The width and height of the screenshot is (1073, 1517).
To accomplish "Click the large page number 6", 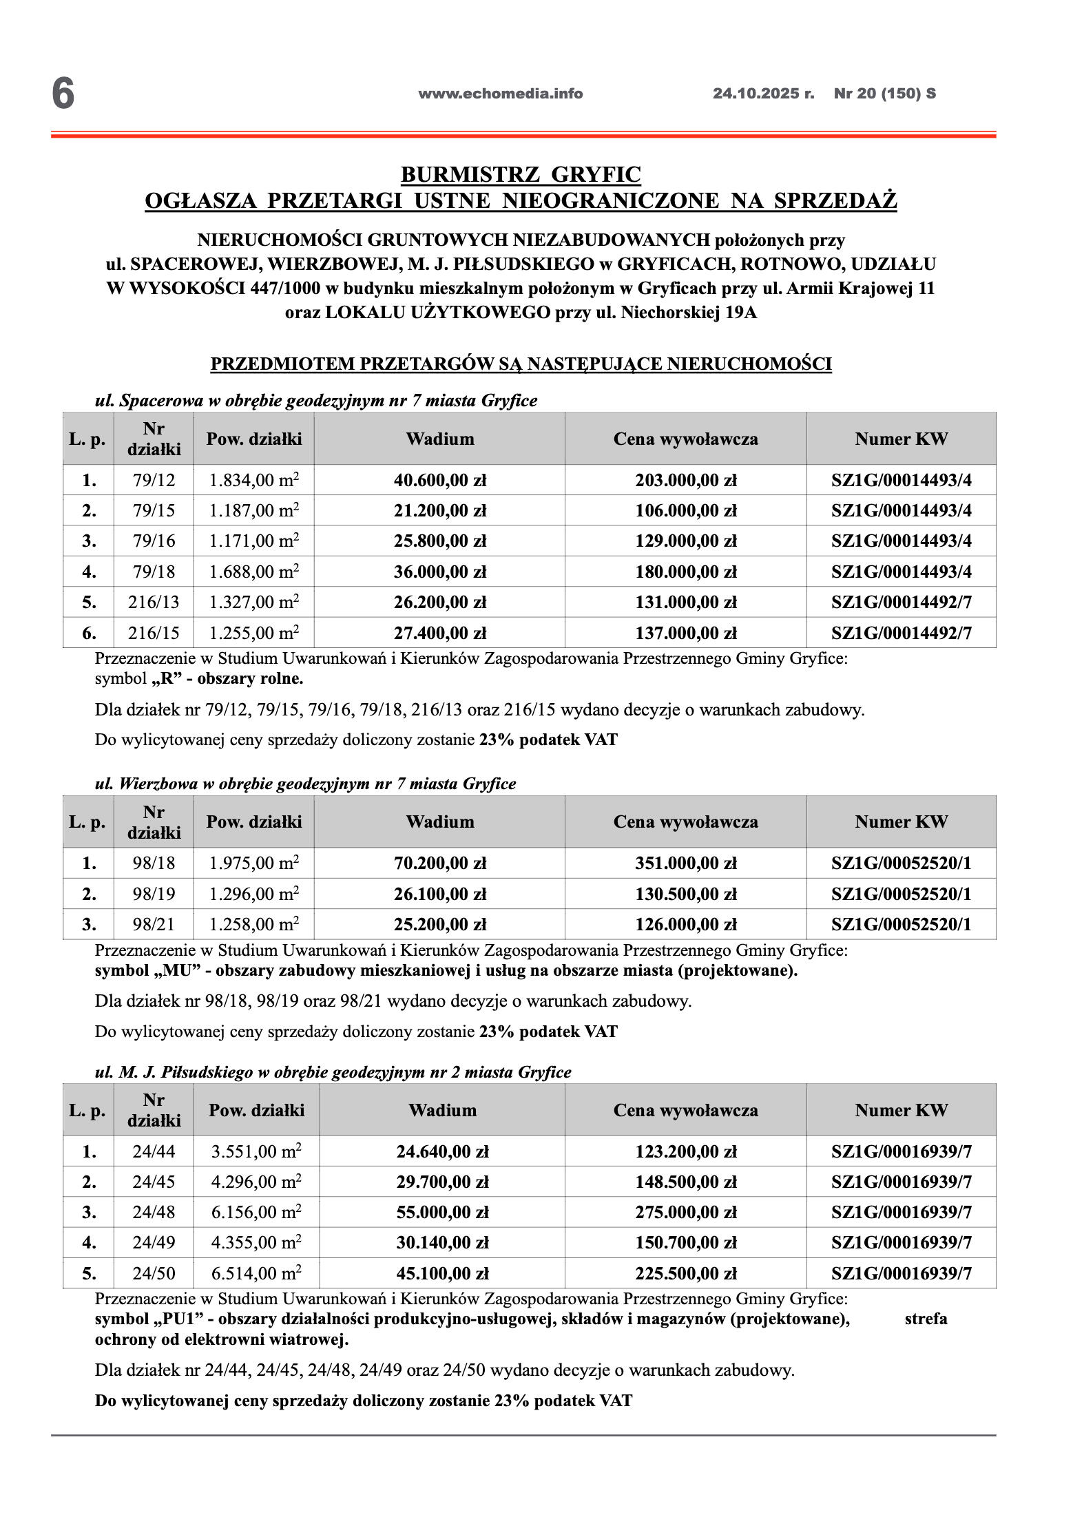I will click(63, 94).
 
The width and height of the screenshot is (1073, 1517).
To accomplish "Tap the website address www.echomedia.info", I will click(500, 94).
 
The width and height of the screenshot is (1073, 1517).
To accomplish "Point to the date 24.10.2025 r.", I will click(763, 94).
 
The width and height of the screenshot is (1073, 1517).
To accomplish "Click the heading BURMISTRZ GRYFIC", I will click(521, 174).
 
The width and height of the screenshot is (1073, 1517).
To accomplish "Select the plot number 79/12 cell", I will click(154, 480).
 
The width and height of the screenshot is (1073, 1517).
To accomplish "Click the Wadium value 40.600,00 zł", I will click(440, 480).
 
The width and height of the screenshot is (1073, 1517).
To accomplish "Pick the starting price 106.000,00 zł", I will click(686, 511).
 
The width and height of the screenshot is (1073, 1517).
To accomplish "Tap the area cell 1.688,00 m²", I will click(254, 572).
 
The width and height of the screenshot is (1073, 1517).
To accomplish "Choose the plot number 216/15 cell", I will click(154, 633).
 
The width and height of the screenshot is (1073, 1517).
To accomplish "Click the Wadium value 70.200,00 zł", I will click(440, 863).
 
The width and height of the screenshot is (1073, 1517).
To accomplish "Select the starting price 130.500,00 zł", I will click(686, 894).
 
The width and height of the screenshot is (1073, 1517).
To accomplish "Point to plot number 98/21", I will click(154, 924).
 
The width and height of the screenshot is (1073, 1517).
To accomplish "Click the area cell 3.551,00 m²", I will click(256, 1151).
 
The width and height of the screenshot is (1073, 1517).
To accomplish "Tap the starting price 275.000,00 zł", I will click(686, 1212).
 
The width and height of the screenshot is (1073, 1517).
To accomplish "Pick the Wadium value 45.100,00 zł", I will click(442, 1273).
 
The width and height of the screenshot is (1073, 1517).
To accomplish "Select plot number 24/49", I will click(154, 1242).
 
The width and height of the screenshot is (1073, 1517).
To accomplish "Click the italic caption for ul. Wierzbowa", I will click(305, 784).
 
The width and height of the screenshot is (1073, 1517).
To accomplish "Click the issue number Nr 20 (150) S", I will click(885, 94).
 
